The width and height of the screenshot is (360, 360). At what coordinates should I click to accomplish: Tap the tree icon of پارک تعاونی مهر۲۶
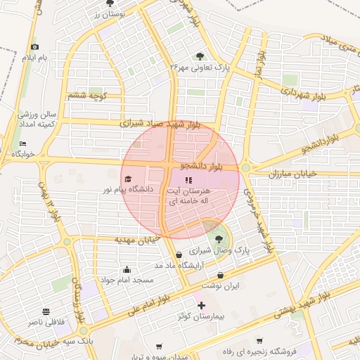pos(200,56)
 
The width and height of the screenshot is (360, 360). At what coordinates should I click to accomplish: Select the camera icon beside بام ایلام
pos(34,47)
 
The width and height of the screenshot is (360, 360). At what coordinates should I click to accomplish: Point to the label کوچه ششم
pos(87,95)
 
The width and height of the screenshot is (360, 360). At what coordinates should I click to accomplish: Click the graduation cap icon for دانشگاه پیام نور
pos(127,179)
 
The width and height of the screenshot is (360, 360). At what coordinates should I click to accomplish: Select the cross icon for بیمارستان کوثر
pos(202,305)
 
